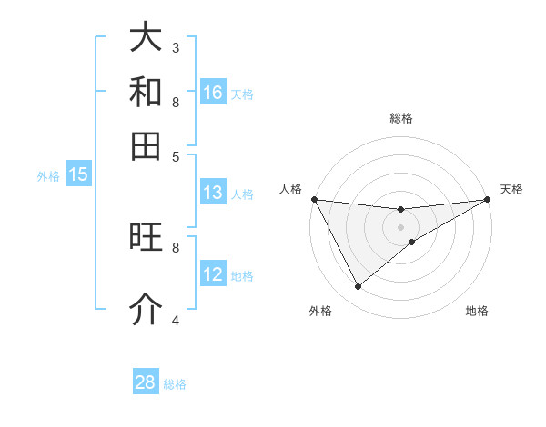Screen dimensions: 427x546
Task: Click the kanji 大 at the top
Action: tap(146, 37)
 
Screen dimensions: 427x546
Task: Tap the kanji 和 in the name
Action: tap(146, 92)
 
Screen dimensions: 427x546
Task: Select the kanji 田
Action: tap(146, 146)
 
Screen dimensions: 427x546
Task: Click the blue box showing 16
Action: tap(213, 93)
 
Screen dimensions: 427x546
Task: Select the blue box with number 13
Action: tap(213, 193)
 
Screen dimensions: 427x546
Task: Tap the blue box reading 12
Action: tap(213, 274)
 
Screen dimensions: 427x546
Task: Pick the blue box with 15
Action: tap(77, 175)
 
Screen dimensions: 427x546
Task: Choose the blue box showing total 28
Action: tap(146, 382)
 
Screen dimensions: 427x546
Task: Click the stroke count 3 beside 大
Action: tap(176, 47)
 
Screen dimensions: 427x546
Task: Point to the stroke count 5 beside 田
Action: tap(176, 155)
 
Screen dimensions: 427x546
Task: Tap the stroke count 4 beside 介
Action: tap(176, 320)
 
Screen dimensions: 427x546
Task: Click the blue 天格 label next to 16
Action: tap(242, 94)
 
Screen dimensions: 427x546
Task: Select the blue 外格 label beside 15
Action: tap(48, 176)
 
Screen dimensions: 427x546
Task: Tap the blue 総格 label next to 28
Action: tap(175, 383)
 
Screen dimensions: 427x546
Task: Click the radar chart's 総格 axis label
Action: tap(401, 118)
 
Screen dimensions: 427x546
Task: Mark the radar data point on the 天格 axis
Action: tap(488, 199)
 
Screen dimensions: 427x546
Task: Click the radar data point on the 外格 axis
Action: tap(358, 287)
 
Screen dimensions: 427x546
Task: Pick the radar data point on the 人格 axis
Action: tap(315, 199)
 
